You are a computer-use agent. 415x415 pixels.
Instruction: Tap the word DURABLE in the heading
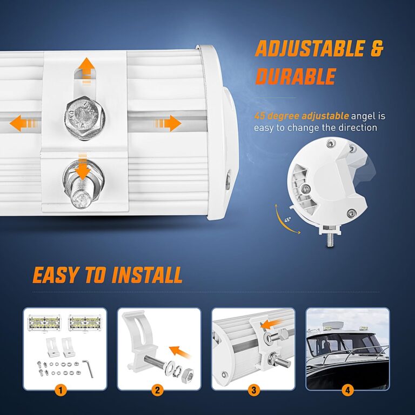(x=295, y=77)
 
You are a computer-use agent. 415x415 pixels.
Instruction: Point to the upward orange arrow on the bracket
(x=85, y=69)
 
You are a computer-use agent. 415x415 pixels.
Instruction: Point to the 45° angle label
(x=289, y=220)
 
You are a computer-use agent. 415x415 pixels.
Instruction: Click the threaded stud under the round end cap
(x=329, y=238)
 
